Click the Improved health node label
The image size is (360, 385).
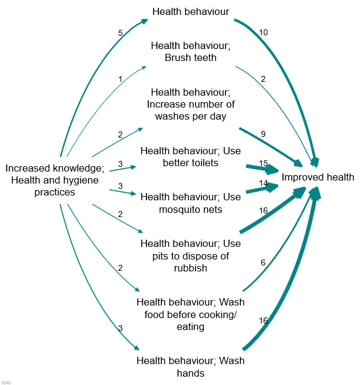[x=318, y=177]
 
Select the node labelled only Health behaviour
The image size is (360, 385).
[x=191, y=11]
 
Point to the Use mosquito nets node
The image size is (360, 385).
[x=190, y=203]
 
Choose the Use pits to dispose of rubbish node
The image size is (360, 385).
[x=190, y=256]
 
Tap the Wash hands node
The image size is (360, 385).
[x=190, y=367]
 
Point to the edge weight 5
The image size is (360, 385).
[x=120, y=33]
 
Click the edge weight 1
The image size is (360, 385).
[x=120, y=79]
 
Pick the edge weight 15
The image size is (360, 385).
[x=263, y=163]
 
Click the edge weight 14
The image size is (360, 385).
[x=263, y=183]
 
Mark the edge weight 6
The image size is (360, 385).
[x=263, y=262]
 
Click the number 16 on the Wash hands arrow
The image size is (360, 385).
[x=263, y=320]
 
